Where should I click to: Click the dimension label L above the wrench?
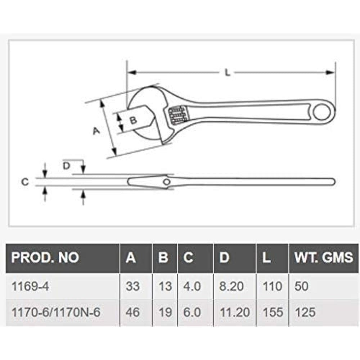point(227,72)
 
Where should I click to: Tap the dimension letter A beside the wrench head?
point(96,131)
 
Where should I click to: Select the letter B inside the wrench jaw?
point(133,120)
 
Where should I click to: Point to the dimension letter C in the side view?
point(24,182)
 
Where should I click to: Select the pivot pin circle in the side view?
point(166,182)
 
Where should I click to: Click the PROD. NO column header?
point(45,257)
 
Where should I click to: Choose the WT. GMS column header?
point(324,257)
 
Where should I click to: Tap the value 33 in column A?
point(133,287)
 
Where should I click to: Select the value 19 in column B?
point(165,312)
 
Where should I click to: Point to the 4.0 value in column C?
point(192,287)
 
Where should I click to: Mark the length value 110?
point(273,287)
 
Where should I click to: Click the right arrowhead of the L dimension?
point(330,72)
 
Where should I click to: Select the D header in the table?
point(224,257)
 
